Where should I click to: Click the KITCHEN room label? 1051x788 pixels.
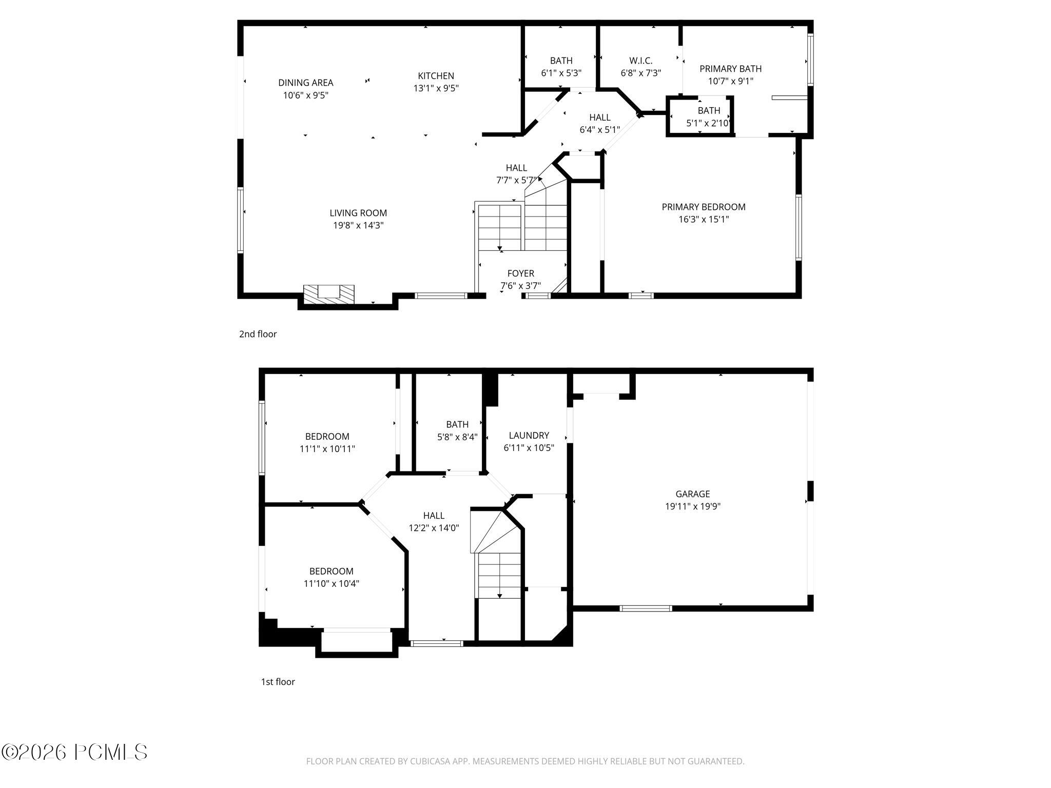[436, 76]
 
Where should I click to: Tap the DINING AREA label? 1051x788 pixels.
[305, 83]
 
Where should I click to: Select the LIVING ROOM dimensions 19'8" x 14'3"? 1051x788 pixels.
[358, 225]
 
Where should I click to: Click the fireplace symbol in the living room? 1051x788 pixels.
[329, 294]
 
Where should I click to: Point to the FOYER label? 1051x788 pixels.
[520, 273]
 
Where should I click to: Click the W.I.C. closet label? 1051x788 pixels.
[640, 61]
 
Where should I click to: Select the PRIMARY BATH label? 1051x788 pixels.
[730, 69]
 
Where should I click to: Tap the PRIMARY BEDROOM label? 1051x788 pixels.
[703, 207]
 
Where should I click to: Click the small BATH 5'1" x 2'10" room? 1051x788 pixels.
[708, 117]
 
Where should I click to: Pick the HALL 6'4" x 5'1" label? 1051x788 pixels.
[599, 117]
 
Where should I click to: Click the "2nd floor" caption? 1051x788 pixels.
[258, 334]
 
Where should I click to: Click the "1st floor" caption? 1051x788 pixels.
[278, 682]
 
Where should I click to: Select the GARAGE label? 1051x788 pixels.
[692, 494]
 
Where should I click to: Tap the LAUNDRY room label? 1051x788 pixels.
[529, 436]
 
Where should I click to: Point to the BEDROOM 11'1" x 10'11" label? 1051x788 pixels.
[327, 437]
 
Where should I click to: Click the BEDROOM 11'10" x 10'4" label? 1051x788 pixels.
[331, 571]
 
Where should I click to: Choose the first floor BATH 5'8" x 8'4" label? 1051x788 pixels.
[457, 424]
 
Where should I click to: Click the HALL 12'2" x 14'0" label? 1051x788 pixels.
[434, 516]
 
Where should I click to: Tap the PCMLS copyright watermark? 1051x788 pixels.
[74, 752]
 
